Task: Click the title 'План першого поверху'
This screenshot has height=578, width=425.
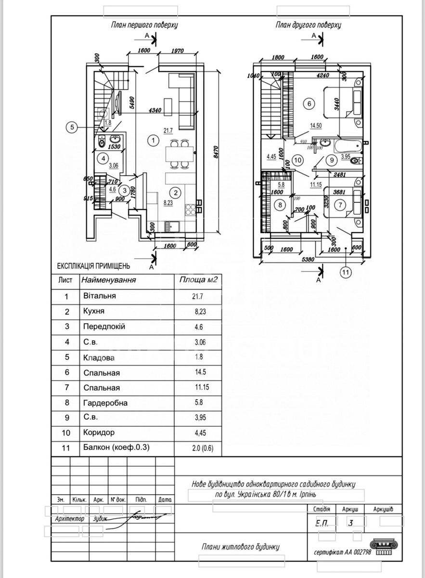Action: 144,25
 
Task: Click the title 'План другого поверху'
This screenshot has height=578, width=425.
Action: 309,25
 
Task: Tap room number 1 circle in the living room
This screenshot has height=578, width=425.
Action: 152,140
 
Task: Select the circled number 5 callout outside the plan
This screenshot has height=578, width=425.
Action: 72,127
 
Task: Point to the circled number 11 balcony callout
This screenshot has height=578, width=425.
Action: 345,273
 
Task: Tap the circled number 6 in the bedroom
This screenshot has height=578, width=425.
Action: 309,103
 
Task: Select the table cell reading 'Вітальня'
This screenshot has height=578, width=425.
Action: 99,296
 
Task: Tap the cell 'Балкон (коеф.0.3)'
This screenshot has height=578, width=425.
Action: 116,447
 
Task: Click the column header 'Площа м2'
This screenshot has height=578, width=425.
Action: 198,279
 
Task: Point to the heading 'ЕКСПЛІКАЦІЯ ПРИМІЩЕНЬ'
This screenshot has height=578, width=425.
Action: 94,265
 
